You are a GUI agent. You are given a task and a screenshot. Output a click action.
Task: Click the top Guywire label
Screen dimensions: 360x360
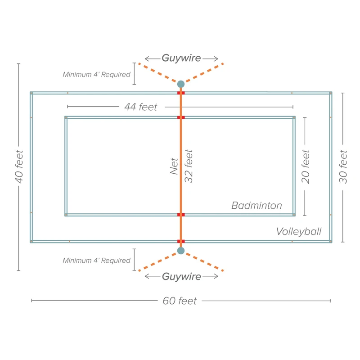pyautogui.click(x=181, y=58)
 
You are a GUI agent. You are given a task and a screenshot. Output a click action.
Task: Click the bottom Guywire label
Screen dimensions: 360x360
pyautogui.click(x=181, y=276)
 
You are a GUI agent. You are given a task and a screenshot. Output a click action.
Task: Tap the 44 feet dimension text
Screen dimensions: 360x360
pyautogui.click(x=141, y=107)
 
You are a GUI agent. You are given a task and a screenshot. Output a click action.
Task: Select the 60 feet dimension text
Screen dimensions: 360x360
pyautogui.click(x=180, y=301)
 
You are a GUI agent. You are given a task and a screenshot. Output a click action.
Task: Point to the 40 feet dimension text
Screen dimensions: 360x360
pyautogui.click(x=19, y=166)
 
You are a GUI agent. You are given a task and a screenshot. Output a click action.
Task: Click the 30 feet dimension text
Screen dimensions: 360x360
pyautogui.click(x=343, y=166)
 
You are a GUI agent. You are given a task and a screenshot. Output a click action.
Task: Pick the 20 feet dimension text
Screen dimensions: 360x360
pyautogui.click(x=306, y=166)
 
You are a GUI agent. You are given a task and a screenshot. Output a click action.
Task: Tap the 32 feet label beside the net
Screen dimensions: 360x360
pyautogui.click(x=189, y=166)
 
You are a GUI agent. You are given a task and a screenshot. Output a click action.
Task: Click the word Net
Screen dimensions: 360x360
pyautogui.click(x=175, y=166)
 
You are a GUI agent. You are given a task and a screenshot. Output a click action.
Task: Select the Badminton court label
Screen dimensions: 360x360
pyautogui.click(x=256, y=206)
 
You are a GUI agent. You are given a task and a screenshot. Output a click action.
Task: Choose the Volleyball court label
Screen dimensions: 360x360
pyautogui.click(x=299, y=231)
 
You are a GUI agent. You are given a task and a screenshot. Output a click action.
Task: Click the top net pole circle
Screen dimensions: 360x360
pyautogui.click(x=181, y=84)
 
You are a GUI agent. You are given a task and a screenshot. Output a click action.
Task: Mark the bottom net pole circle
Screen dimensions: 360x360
pyautogui.click(x=181, y=251)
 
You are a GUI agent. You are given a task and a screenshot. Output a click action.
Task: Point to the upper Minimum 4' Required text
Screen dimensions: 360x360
pyautogui.click(x=96, y=75)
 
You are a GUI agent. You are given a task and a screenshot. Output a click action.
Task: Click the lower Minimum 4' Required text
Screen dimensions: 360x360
pyautogui.click(x=96, y=261)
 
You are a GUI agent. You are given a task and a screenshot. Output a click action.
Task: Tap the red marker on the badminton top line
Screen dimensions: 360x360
pyautogui.click(x=181, y=117)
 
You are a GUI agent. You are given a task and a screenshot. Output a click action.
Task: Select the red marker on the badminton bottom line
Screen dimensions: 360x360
pyautogui.click(x=181, y=215)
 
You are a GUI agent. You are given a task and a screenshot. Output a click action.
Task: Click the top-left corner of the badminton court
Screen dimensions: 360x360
pyautogui.click(x=66, y=118)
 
